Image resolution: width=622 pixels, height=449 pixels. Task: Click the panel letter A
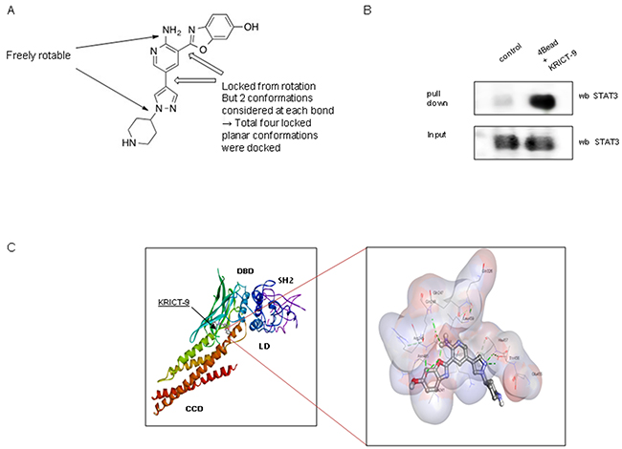tap(11, 11)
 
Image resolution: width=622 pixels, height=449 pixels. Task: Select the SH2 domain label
tap(285, 280)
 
